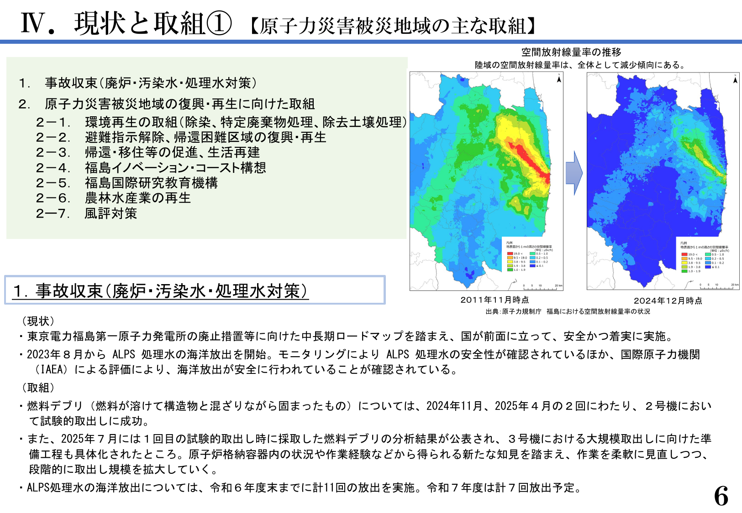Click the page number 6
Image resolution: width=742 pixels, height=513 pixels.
721,496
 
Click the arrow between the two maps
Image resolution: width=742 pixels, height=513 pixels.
574,173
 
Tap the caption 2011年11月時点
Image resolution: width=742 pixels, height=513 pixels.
494,300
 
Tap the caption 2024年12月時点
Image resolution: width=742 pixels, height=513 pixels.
668,301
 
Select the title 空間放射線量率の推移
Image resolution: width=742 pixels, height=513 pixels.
571,52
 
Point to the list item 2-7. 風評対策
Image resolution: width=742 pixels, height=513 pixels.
87,213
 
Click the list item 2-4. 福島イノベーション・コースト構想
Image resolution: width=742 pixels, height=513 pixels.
151,168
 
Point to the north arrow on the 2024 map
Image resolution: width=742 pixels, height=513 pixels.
735,79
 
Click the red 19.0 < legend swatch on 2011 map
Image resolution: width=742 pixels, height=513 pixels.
510,254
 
